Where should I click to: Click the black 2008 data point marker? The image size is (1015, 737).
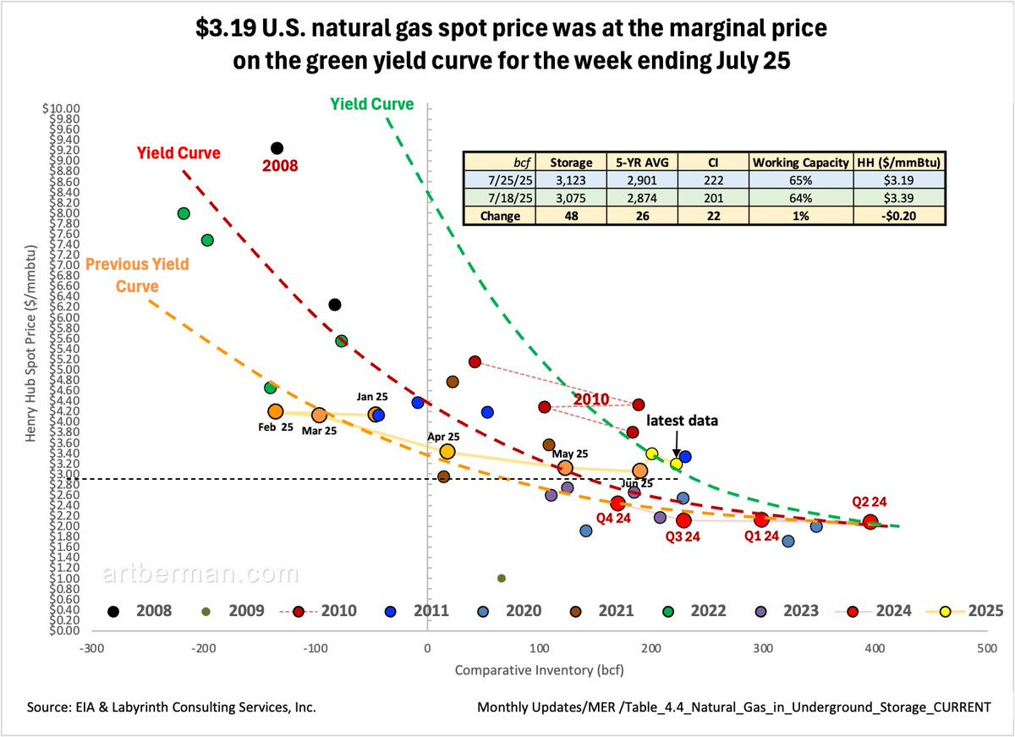pyautogui.click(x=277, y=149)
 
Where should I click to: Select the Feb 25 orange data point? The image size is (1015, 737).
pyautogui.click(x=275, y=411)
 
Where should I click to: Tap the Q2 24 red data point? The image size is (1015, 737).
pyautogui.click(x=870, y=522)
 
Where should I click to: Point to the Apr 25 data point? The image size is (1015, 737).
pyautogui.click(x=447, y=452)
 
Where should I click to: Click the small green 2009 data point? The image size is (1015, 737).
pyautogui.click(x=501, y=578)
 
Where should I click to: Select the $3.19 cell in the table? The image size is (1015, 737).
pyautogui.click(x=899, y=181)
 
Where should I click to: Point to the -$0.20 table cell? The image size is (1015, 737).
pyautogui.click(x=899, y=215)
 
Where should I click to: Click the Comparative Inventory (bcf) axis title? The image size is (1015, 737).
pyautogui.click(x=546, y=670)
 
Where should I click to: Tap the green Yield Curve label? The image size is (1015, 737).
pyautogui.click(x=372, y=104)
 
